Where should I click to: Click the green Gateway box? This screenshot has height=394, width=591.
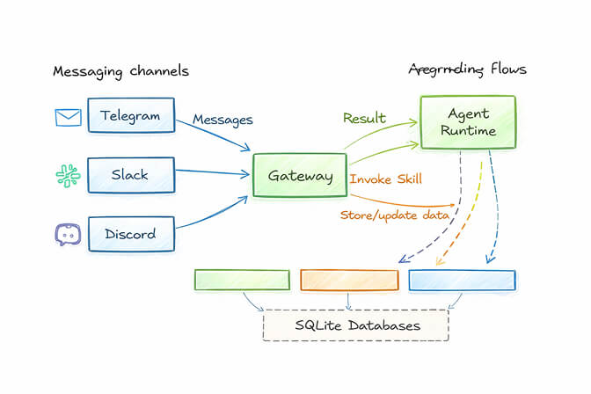[300, 176]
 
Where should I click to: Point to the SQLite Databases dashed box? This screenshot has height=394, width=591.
[355, 325]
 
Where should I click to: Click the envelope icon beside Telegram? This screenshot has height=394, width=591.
[68, 116]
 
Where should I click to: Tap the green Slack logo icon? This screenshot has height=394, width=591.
[68, 175]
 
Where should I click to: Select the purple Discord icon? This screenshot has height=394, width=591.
[68, 234]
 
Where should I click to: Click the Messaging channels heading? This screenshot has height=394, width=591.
[120, 70]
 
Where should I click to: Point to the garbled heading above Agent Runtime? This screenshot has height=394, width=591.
[467, 69]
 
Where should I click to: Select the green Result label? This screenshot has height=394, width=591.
[364, 118]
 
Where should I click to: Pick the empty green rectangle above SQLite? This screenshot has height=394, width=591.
[241, 280]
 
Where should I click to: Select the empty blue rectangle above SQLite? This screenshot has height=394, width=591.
[462, 280]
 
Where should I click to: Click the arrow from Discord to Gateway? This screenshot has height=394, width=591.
[215, 215]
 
